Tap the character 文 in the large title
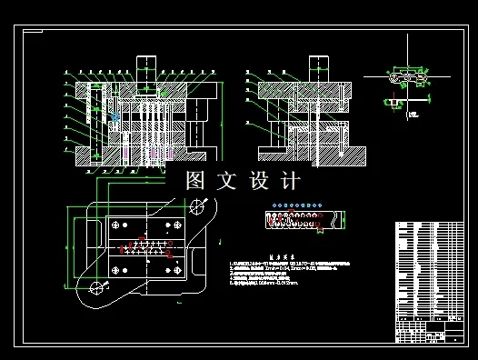[227, 180]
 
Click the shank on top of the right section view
[318, 69]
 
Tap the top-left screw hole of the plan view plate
[115, 224]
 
